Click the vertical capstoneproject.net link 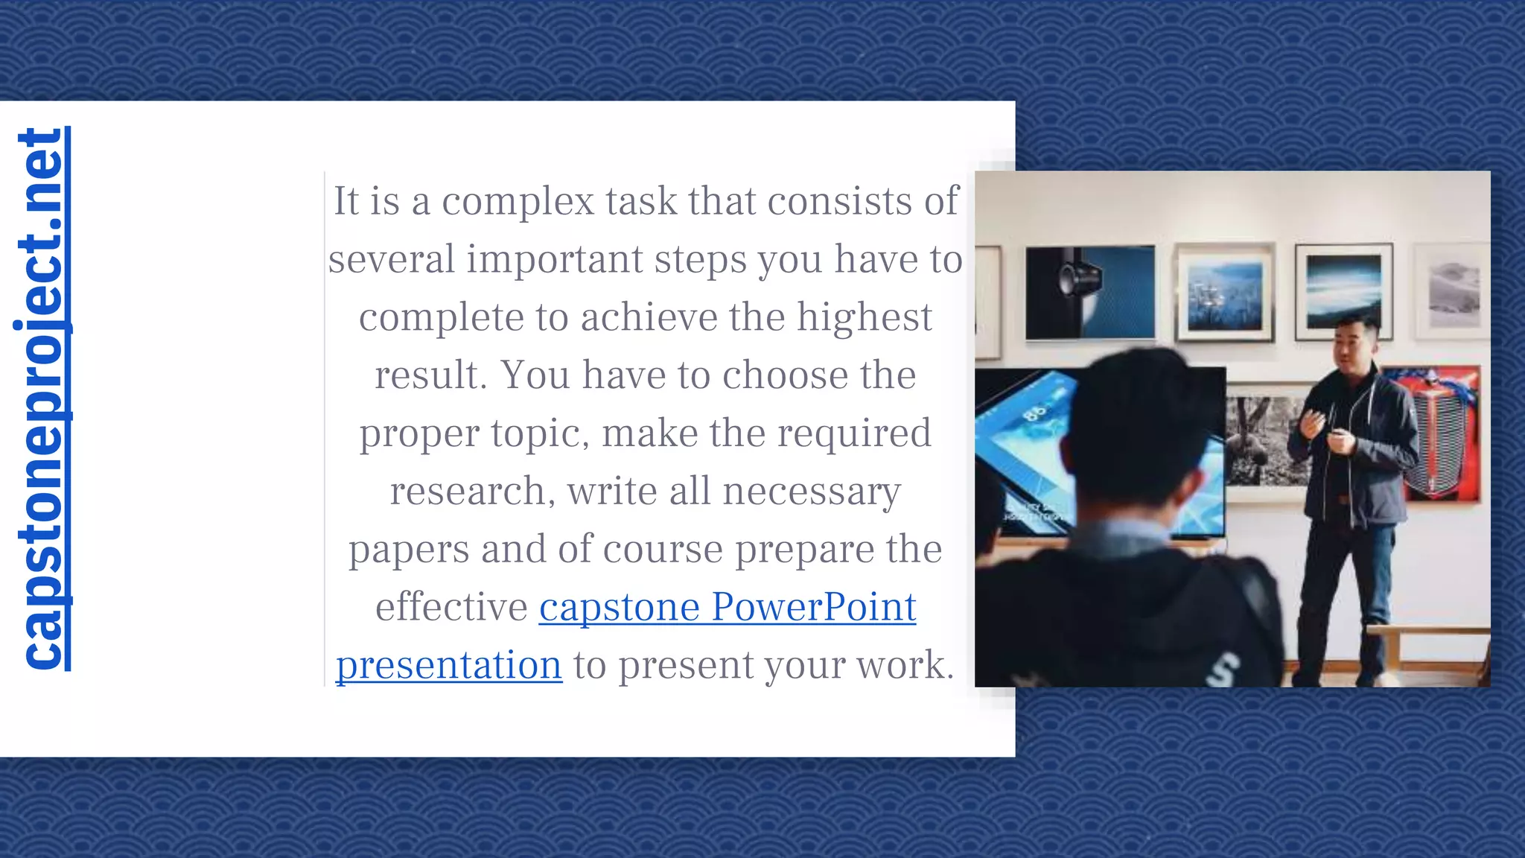(x=42, y=399)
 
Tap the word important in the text (x=554, y=259)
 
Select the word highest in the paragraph (x=864, y=317)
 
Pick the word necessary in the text (x=812, y=492)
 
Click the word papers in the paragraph (x=409, y=550)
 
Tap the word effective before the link (x=451, y=607)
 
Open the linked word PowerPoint (x=813, y=607)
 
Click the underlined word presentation (x=449, y=665)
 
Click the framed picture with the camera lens (x=1089, y=292)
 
